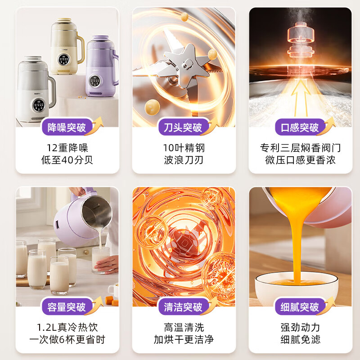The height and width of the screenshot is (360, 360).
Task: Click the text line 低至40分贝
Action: coord(67,160)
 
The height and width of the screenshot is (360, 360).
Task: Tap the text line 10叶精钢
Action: coord(184,148)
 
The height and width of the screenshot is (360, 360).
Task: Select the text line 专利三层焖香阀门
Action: coord(300,148)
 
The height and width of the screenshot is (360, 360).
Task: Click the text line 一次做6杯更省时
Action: coord(67,340)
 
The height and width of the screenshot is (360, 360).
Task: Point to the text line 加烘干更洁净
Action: coord(184,340)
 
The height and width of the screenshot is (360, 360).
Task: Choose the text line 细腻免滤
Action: coord(300,340)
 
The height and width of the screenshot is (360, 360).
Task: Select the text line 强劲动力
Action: coord(300,328)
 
